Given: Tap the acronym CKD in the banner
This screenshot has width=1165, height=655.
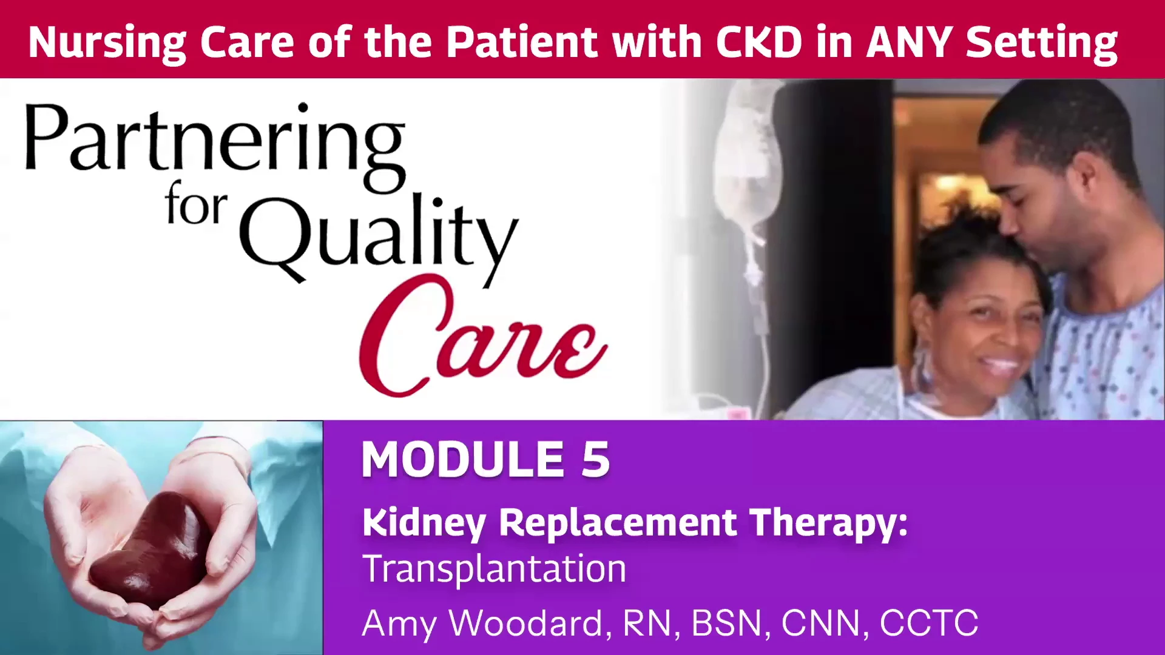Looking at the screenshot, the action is coord(759,42).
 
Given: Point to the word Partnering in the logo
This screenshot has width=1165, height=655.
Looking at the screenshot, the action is coord(215,146).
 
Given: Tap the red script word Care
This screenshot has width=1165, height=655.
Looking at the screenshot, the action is coord(483,336).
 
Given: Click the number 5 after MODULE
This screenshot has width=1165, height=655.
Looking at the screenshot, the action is coord(595,460).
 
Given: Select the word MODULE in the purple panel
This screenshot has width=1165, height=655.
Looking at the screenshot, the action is coord(463,460).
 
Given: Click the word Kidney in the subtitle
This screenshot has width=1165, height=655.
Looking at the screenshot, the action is coord(424,523).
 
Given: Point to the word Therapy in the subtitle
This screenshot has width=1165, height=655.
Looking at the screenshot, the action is coord(828,523).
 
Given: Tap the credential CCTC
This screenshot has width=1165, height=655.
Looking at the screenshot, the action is coord(929,623).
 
